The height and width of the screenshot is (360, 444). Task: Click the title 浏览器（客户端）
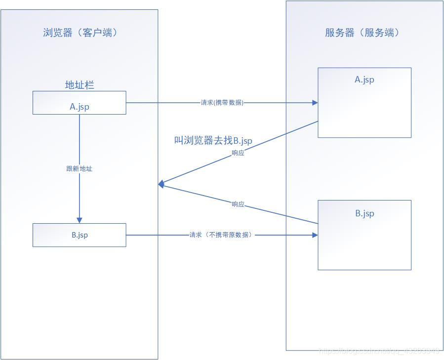(80, 33)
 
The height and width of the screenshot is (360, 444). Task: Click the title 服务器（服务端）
(362, 33)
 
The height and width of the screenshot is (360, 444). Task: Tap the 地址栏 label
(80, 85)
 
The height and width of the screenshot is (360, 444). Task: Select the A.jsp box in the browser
(79, 103)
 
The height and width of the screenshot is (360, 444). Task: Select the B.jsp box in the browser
(79, 235)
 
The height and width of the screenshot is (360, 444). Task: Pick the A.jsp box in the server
(364, 103)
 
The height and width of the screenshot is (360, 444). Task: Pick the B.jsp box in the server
(364, 235)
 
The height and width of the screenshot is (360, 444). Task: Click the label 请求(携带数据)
(222, 103)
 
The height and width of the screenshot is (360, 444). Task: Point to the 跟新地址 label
(79, 168)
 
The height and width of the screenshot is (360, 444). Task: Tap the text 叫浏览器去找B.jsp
(213, 141)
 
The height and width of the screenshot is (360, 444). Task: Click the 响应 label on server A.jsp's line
(238, 153)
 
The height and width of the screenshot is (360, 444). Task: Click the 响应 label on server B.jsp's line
(238, 204)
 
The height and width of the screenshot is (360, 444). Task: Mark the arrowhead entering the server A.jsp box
(315, 103)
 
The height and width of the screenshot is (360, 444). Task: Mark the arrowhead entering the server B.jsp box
(315, 235)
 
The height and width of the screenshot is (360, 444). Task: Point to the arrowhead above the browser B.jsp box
(79, 220)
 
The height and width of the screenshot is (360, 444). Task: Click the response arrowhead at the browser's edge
(161, 184)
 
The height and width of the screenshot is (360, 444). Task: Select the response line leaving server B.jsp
(277, 213)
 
